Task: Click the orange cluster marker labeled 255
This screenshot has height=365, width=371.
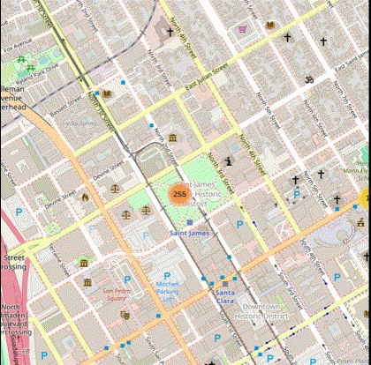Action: [x=179, y=194]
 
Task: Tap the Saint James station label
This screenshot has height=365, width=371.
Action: [x=188, y=233]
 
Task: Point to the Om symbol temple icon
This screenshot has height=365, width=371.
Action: [x=309, y=80]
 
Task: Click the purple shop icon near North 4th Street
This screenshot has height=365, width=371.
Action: [x=243, y=30]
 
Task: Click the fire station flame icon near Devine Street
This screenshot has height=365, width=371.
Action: [x=85, y=197]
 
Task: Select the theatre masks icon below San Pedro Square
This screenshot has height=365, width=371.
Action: [x=125, y=314]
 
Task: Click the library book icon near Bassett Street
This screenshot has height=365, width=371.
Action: [x=107, y=93]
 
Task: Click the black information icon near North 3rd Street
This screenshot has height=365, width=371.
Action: [x=230, y=161]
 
